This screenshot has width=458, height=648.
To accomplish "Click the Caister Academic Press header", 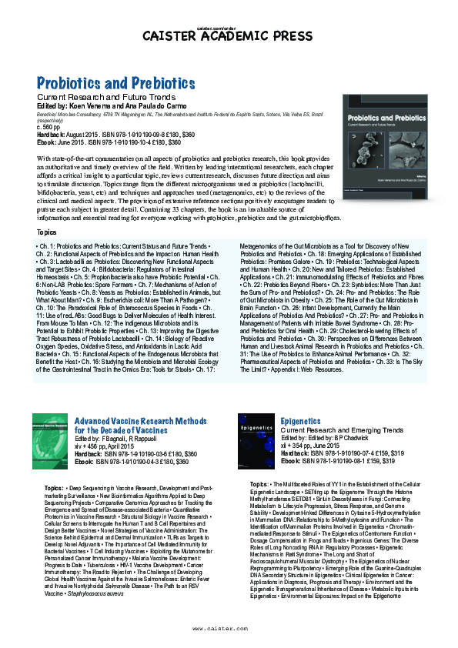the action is (x=229, y=35).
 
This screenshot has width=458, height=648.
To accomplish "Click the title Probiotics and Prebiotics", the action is (x=116, y=82).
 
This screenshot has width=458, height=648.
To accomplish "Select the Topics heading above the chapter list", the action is (x=46, y=232).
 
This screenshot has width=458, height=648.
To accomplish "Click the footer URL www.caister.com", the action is (x=229, y=627).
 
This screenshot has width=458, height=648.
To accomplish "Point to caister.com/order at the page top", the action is (x=229, y=27).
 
